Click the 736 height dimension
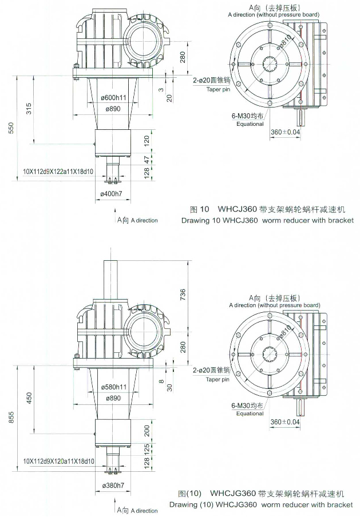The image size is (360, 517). (183, 295)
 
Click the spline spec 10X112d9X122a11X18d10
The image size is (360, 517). (58, 171)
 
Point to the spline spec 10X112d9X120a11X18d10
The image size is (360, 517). (58, 460)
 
